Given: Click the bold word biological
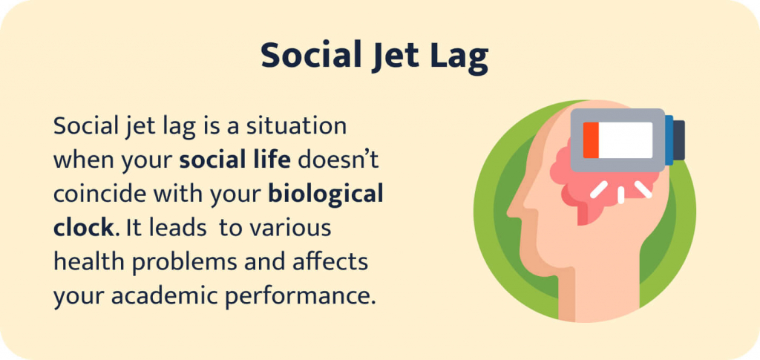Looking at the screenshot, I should pos(326,194).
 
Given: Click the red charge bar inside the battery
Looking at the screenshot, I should pos(591,140).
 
